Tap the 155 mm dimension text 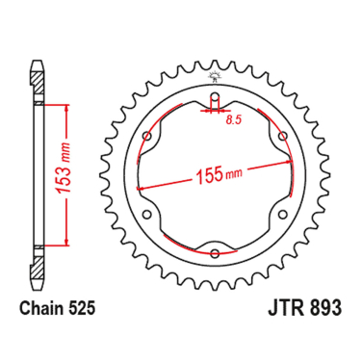[x=219, y=175]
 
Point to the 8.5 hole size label [x=233, y=120]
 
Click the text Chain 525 [x=58, y=309]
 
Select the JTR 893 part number [x=304, y=308]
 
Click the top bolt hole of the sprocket [x=215, y=96]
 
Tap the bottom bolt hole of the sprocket [x=215, y=253]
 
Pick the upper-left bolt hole [x=147, y=136]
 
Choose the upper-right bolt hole [x=283, y=136]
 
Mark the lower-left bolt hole [x=147, y=214]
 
